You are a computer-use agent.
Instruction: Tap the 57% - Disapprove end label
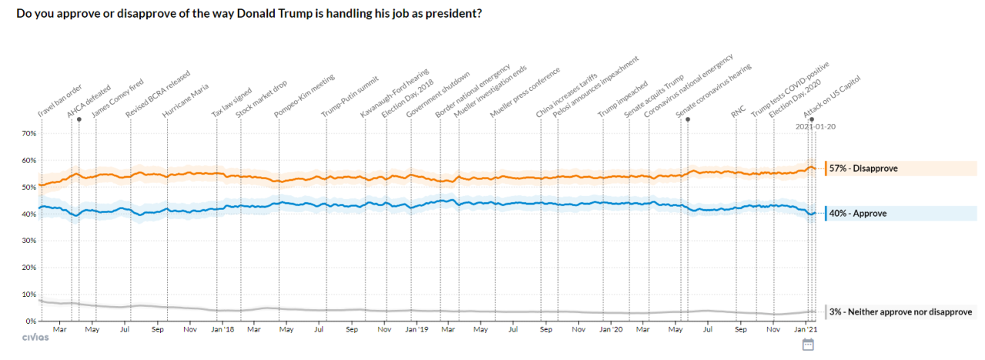[x=863, y=168]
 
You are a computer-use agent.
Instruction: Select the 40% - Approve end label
[x=858, y=213]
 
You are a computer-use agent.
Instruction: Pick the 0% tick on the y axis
[x=30, y=321]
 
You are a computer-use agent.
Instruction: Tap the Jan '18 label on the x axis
[x=222, y=330]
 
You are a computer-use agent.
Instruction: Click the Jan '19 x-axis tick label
[x=417, y=330]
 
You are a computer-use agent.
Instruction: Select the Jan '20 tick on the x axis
[x=611, y=330]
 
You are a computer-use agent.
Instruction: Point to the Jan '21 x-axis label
[x=806, y=330]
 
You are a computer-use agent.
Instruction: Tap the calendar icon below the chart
[x=808, y=345]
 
